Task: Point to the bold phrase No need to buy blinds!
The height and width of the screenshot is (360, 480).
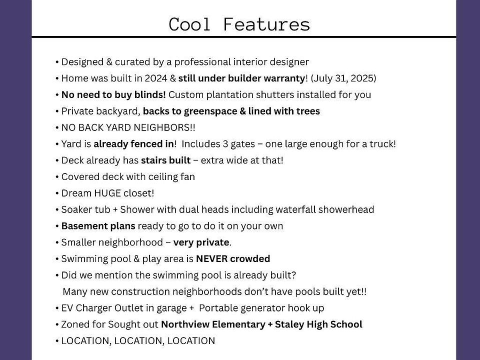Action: click(x=113, y=94)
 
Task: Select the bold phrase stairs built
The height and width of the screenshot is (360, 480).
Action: click(x=165, y=160)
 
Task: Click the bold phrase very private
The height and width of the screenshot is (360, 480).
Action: click(x=201, y=242)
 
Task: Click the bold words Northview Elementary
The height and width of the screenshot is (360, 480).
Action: click(x=213, y=324)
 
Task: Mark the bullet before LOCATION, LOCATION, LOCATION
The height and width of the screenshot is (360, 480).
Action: click(x=57, y=341)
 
